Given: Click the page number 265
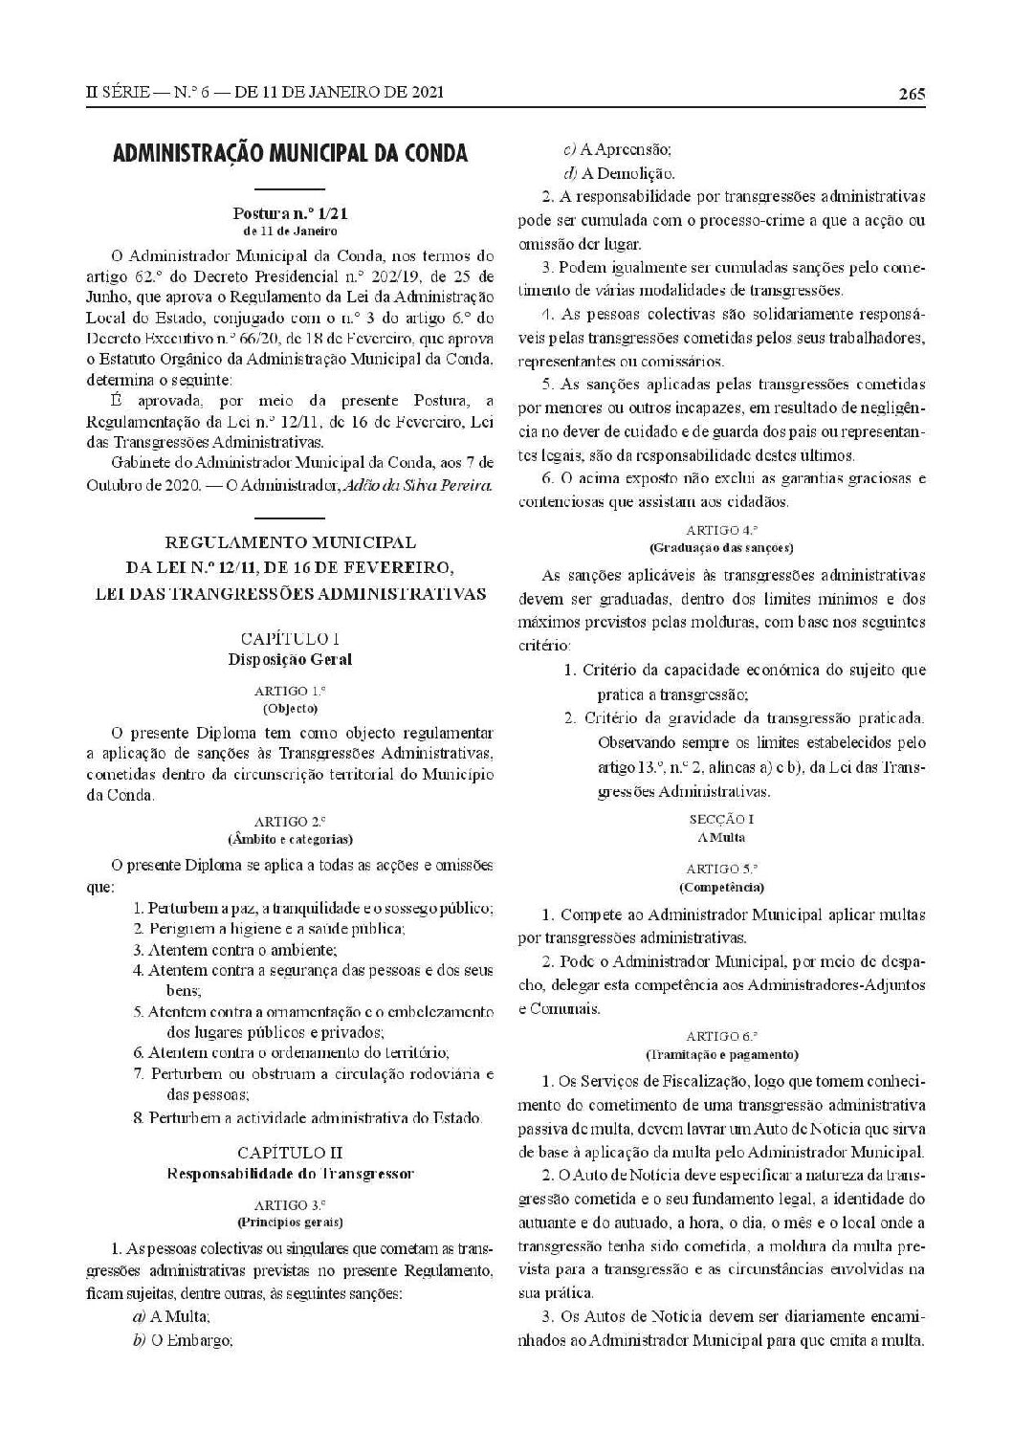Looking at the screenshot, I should [x=911, y=93].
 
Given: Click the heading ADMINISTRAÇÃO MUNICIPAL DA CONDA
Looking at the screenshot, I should [x=290, y=153].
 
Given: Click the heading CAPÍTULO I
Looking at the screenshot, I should [x=290, y=638].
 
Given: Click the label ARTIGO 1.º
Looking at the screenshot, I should [x=290, y=691].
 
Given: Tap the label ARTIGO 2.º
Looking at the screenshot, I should [x=290, y=821].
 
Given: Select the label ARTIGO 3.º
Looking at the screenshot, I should [x=290, y=1204].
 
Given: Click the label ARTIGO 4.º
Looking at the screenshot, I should [x=722, y=529].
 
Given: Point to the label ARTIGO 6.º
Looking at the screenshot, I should [x=722, y=1036].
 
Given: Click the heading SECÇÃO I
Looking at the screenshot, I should [x=722, y=820].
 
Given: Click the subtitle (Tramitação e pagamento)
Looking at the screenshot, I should [x=722, y=1054].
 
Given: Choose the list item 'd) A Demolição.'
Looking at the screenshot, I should [x=620, y=173].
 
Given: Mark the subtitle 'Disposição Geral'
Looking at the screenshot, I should [x=290, y=659].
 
